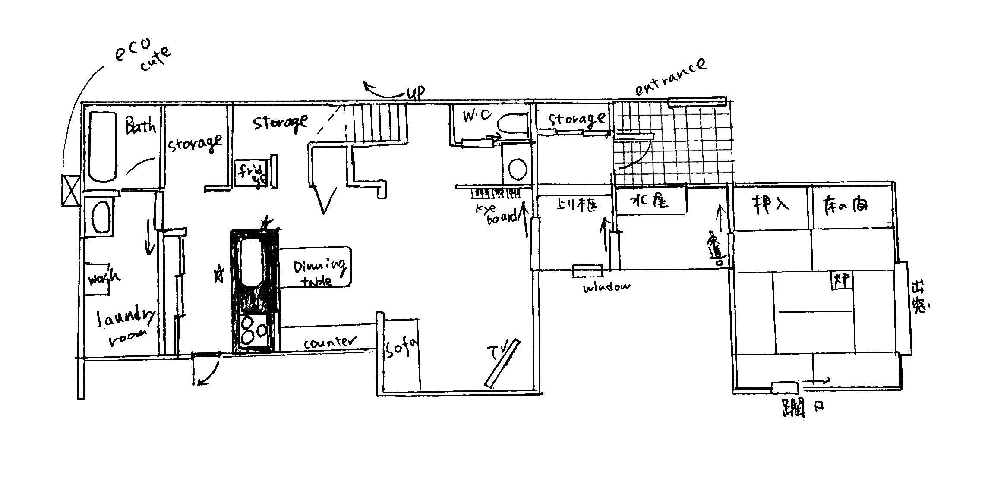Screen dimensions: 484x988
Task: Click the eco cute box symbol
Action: coord(70,190)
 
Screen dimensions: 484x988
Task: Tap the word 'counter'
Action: coord(331,343)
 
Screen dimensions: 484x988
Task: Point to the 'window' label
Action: coord(606,288)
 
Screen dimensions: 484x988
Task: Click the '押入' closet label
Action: coord(770,203)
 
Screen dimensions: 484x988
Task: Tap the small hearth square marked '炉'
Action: coord(841,281)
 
